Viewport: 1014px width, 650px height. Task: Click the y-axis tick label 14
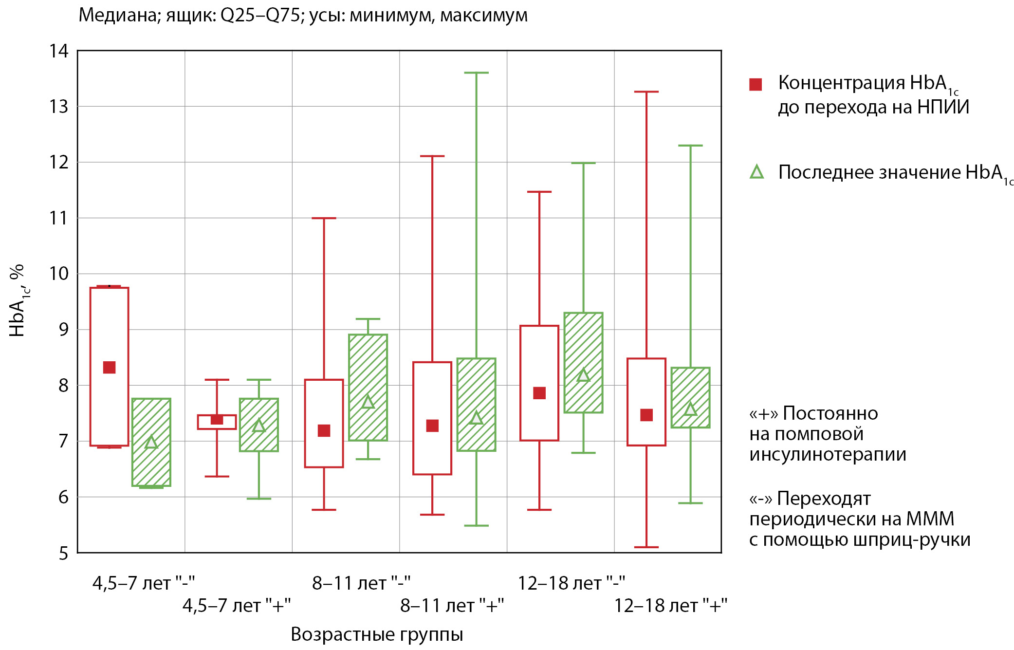(59, 51)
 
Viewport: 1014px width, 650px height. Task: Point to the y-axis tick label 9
(64, 330)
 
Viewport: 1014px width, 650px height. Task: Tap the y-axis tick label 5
(64, 554)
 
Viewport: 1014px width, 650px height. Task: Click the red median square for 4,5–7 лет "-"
(110, 368)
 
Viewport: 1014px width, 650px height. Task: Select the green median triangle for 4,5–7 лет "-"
(151, 442)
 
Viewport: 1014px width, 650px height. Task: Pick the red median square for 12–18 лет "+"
(646, 415)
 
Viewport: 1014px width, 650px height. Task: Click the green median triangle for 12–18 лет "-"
(583, 375)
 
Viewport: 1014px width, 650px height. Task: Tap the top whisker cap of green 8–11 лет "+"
(476, 73)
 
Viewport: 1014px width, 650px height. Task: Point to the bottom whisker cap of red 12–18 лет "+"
(646, 547)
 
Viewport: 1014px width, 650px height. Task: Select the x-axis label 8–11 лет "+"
(452, 606)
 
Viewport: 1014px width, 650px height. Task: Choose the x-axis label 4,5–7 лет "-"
(144, 583)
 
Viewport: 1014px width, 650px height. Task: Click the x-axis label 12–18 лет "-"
(572, 583)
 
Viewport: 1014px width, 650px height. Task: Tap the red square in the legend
(756, 84)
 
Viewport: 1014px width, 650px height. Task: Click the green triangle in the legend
(757, 172)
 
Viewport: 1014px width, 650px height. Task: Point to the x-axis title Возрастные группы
(377, 634)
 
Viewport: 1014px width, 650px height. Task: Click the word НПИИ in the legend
(943, 107)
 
